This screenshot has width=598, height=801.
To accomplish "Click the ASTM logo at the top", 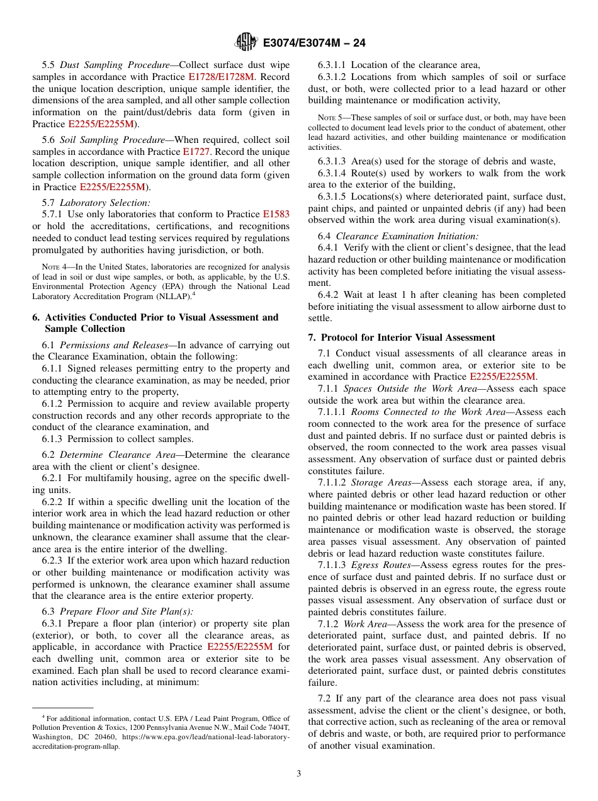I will [245, 42].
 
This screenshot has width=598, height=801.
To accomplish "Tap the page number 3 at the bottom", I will [299, 773].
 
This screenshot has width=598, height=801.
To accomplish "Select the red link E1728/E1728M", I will [221, 77].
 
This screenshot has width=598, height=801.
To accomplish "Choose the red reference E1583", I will [276, 214].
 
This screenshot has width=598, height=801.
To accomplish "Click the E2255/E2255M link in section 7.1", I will [503, 377].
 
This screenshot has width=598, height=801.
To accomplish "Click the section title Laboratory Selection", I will [105, 203].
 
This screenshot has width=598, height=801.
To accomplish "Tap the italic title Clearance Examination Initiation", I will [407, 236].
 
